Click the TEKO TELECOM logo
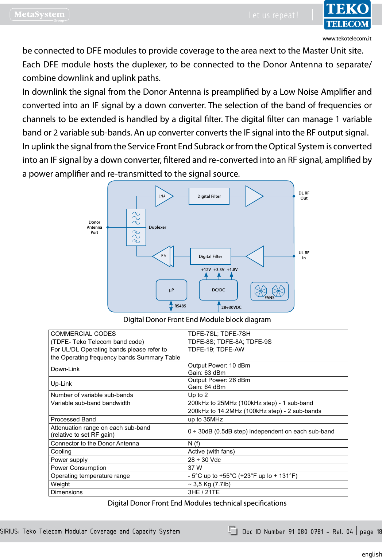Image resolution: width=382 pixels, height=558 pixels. click(x=347, y=15)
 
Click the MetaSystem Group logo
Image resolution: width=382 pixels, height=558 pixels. click(x=39, y=15)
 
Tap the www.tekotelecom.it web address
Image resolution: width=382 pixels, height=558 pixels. click(x=347, y=39)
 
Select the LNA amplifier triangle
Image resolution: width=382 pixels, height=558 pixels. click(x=163, y=196)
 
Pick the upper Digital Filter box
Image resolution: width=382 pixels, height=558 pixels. click(x=209, y=196)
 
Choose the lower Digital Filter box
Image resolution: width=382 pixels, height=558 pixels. click(x=211, y=256)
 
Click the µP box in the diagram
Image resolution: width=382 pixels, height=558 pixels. click(x=171, y=290)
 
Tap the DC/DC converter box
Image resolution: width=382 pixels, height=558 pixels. click(x=218, y=290)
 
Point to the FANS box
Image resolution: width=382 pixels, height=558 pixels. click(x=269, y=291)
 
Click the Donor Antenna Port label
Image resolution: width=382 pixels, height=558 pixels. click(x=94, y=227)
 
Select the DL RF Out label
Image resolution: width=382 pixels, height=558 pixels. click(x=304, y=196)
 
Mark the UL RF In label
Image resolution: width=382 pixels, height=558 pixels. click(x=304, y=255)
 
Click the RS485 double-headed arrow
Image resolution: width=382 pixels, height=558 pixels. click(x=171, y=306)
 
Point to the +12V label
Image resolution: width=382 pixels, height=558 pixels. click(x=206, y=270)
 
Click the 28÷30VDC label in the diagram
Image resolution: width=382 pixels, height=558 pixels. click(x=231, y=307)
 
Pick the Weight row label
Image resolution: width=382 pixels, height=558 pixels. click(x=61, y=484)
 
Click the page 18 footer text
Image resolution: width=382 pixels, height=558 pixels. click(x=370, y=532)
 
